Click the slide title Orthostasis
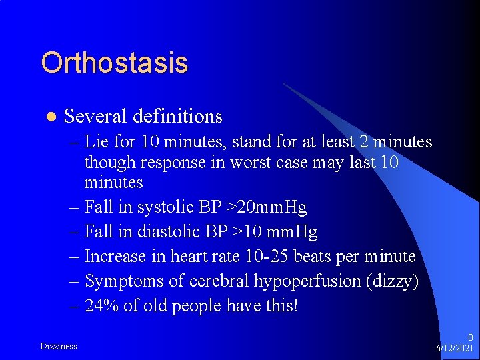tap(114, 63)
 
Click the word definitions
tap(177, 116)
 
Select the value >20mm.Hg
tap(267, 207)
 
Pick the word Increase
tap(117, 256)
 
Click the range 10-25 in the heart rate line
tap(263, 256)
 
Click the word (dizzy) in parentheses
tap(392, 281)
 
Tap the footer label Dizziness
tap(59, 346)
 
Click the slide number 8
tap(470, 338)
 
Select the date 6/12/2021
tap(454, 349)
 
